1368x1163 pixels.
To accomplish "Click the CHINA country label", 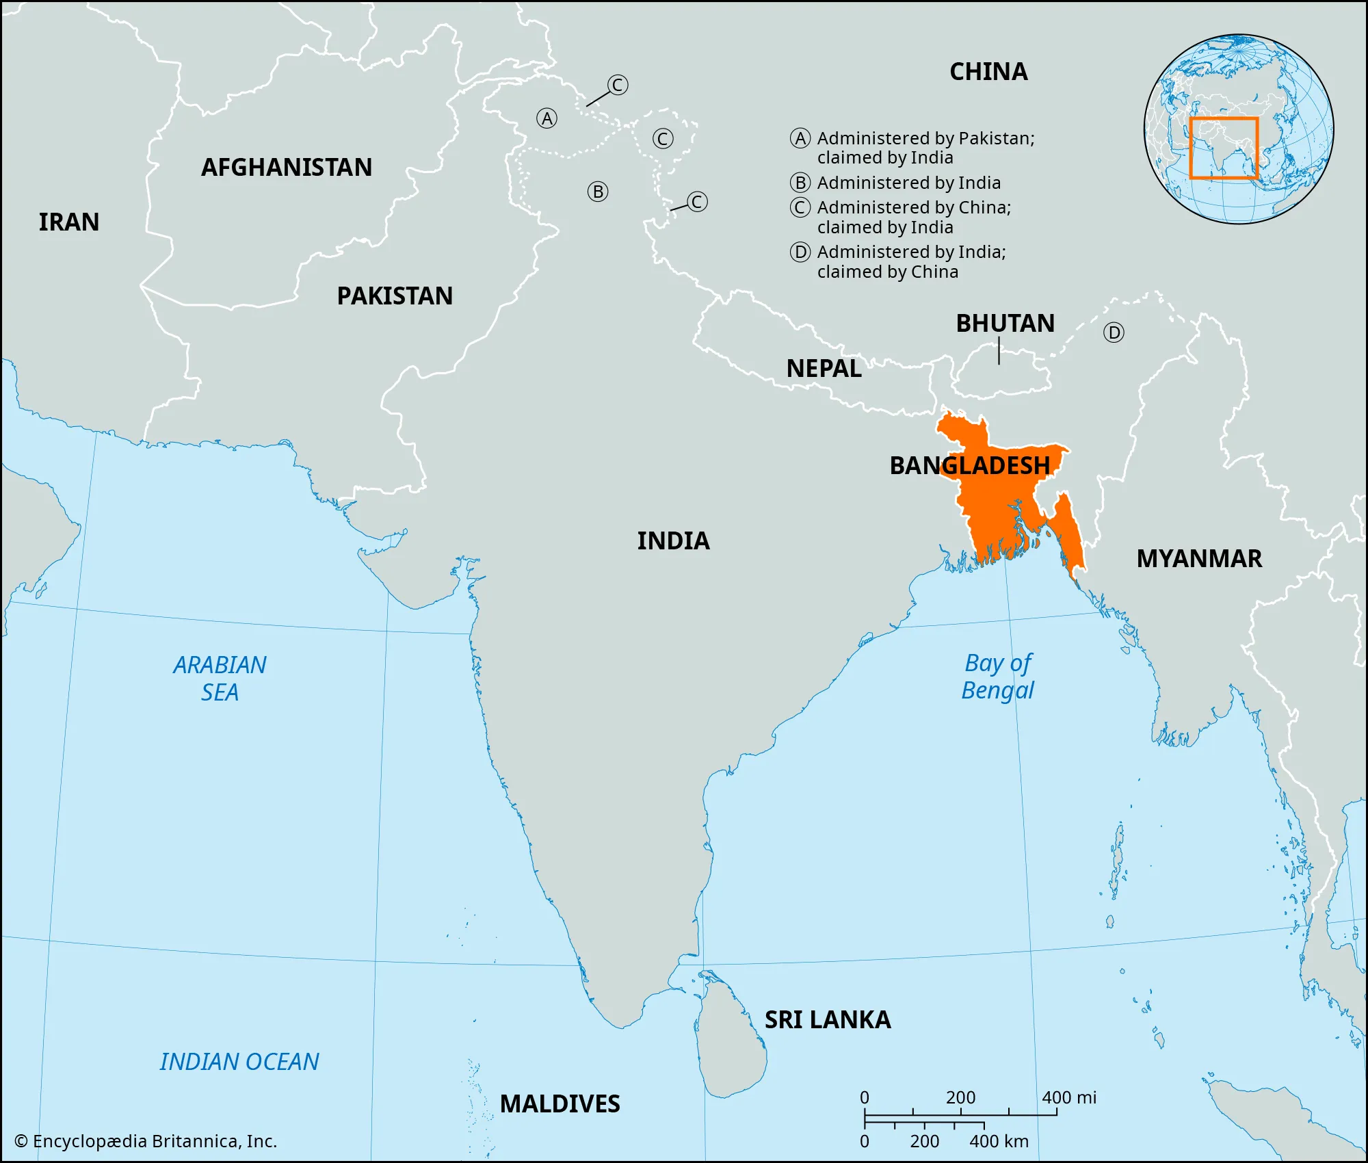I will (988, 72).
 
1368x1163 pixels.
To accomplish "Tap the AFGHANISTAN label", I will (287, 168).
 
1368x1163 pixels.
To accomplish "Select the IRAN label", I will (69, 222).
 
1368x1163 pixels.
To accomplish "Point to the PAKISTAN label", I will (395, 296).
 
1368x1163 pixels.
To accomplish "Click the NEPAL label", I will (824, 369).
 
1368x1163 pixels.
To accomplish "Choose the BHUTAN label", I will (1005, 324).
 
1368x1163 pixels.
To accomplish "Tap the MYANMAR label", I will (1199, 559).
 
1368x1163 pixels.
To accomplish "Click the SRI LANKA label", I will (828, 1020).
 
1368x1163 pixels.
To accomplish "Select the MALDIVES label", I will (560, 1104).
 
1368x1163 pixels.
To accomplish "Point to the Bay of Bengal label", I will (998, 677).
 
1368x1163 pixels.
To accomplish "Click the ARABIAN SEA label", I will (220, 679).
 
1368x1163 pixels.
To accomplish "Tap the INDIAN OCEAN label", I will (239, 1062).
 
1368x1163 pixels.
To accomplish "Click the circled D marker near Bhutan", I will (1114, 333).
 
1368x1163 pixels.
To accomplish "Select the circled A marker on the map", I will (547, 119).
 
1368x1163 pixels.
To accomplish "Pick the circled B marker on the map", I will (598, 192).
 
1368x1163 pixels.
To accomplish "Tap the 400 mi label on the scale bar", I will (1068, 1098).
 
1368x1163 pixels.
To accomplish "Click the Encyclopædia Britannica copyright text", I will (146, 1142).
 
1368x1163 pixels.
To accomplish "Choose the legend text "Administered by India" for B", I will (908, 183).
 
